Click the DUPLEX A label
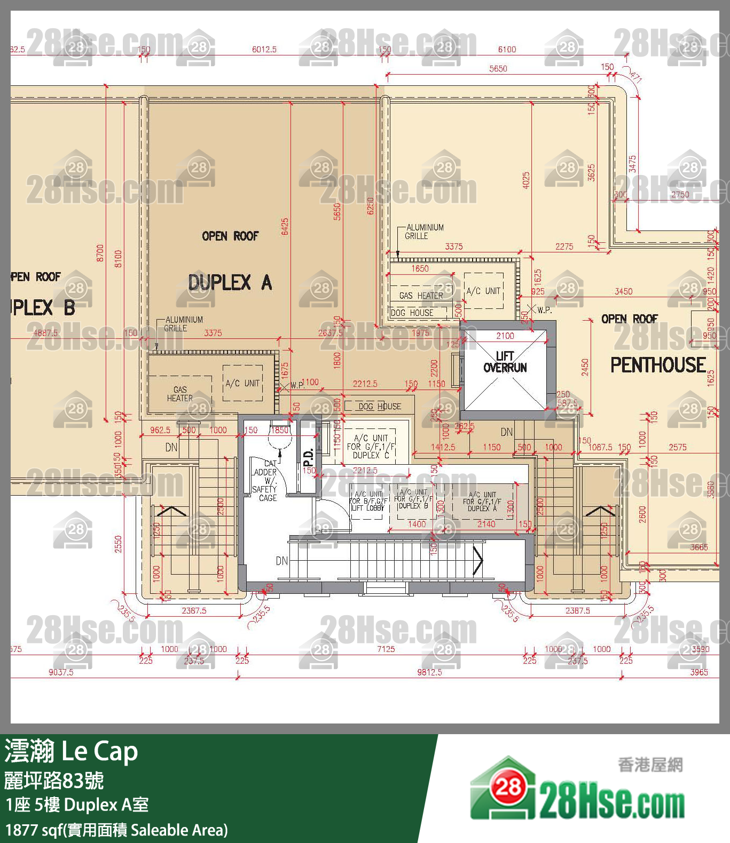click(230, 282)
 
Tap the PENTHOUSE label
click(658, 365)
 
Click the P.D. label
click(308, 457)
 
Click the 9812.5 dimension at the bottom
click(429, 672)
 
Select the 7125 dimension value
click(386, 649)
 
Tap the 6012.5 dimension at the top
click(264, 50)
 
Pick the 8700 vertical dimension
click(100, 253)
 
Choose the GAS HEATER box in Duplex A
click(179, 394)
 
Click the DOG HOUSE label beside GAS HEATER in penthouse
click(412, 313)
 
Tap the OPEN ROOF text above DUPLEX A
click(230, 236)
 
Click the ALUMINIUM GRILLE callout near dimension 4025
click(424, 232)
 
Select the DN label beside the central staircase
click(282, 561)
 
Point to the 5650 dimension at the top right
click(498, 69)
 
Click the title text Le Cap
click(100, 751)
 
